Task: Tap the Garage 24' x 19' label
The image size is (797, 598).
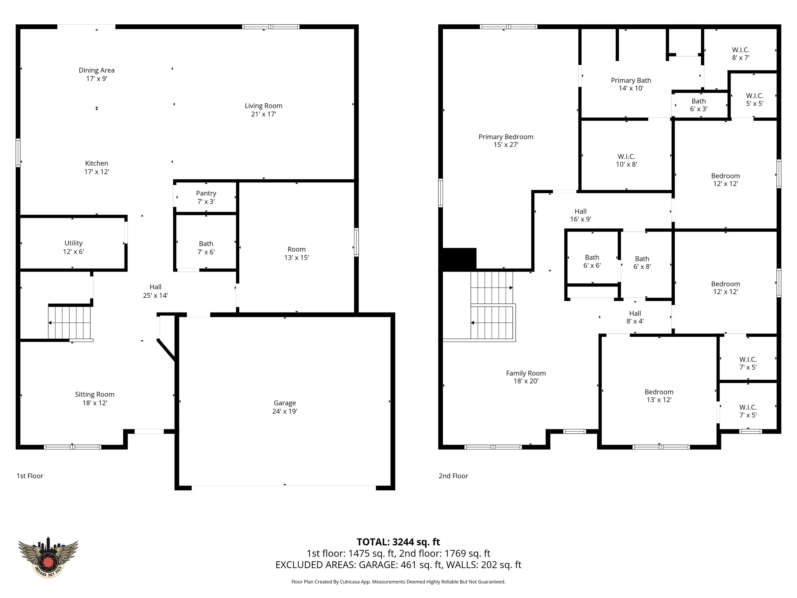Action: (285, 407)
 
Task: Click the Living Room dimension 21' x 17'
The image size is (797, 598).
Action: (264, 114)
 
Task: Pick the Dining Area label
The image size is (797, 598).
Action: (97, 70)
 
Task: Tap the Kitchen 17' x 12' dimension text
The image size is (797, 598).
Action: (97, 172)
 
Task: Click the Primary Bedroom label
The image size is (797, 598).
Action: (506, 137)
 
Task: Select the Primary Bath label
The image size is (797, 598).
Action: (631, 80)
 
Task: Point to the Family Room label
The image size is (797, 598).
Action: (526, 373)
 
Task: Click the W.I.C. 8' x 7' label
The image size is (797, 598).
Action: (740, 54)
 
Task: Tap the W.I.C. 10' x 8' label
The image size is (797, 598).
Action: (627, 160)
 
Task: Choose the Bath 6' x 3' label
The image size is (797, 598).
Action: (699, 105)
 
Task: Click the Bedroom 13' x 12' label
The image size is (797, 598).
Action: (659, 396)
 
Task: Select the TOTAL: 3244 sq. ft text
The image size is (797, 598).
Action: (398, 542)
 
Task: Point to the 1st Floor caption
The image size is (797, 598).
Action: (30, 476)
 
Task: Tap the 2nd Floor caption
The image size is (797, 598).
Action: (453, 476)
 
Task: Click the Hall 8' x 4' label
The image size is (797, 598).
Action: (635, 317)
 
